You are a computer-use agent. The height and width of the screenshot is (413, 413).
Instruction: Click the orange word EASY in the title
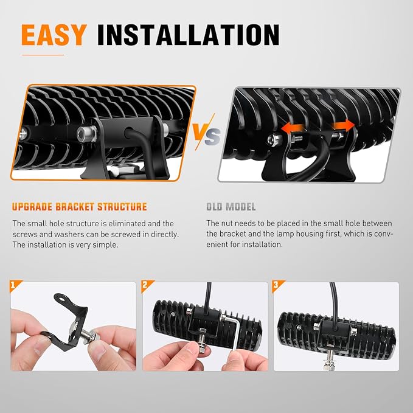tap(54, 35)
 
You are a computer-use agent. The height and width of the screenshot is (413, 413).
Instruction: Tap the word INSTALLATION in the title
tap(189, 35)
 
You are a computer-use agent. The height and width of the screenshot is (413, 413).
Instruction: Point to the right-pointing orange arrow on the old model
tap(343, 125)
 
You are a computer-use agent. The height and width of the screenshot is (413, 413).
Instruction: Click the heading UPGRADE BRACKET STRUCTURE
tap(79, 207)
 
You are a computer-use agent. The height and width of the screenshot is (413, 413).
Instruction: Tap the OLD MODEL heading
tap(231, 207)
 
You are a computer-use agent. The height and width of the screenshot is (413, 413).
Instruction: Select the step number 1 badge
tap(13, 285)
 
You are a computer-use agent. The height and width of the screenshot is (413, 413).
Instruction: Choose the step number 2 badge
tap(145, 285)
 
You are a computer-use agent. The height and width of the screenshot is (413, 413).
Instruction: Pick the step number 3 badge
tap(276, 285)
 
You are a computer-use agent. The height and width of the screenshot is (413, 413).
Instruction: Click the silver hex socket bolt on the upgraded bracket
tap(86, 133)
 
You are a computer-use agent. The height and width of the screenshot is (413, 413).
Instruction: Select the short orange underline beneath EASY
tap(43, 55)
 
